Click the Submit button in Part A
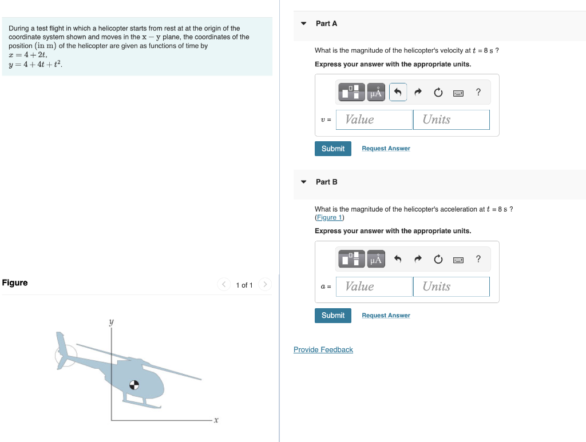[332, 149]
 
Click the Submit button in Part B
[332, 316]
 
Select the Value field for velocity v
[374, 120]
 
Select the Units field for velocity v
[451, 120]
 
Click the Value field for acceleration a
[374, 286]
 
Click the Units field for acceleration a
[451, 286]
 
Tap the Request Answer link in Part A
[386, 149]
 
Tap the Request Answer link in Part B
[386, 316]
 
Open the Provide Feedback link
[323, 350]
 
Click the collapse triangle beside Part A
[304, 23]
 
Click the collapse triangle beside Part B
[304, 182]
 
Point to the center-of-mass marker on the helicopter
[134, 385]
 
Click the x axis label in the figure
[216, 421]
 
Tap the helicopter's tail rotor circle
[65, 356]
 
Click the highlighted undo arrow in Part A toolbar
[398, 92]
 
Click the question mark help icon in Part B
[478, 260]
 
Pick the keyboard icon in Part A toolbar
[458, 93]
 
